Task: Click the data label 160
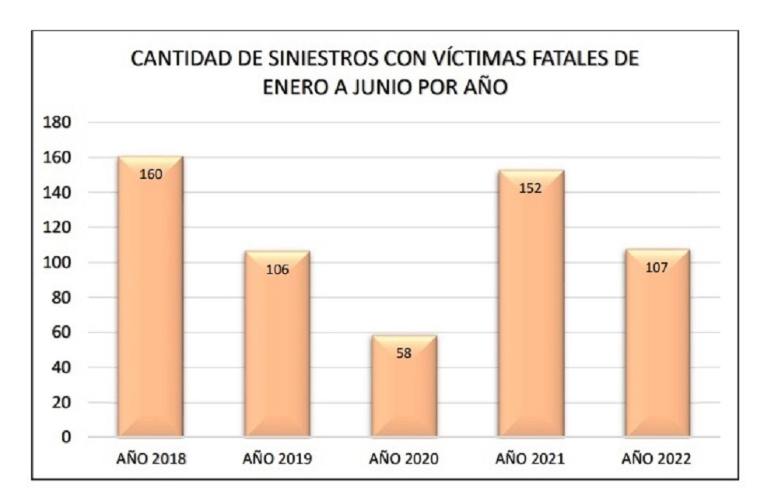150,174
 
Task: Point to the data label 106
277,269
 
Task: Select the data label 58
404,352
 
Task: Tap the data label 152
531,188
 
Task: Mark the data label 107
657,267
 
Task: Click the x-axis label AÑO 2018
150,458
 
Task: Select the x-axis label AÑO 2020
404,458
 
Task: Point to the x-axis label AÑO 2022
657,458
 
